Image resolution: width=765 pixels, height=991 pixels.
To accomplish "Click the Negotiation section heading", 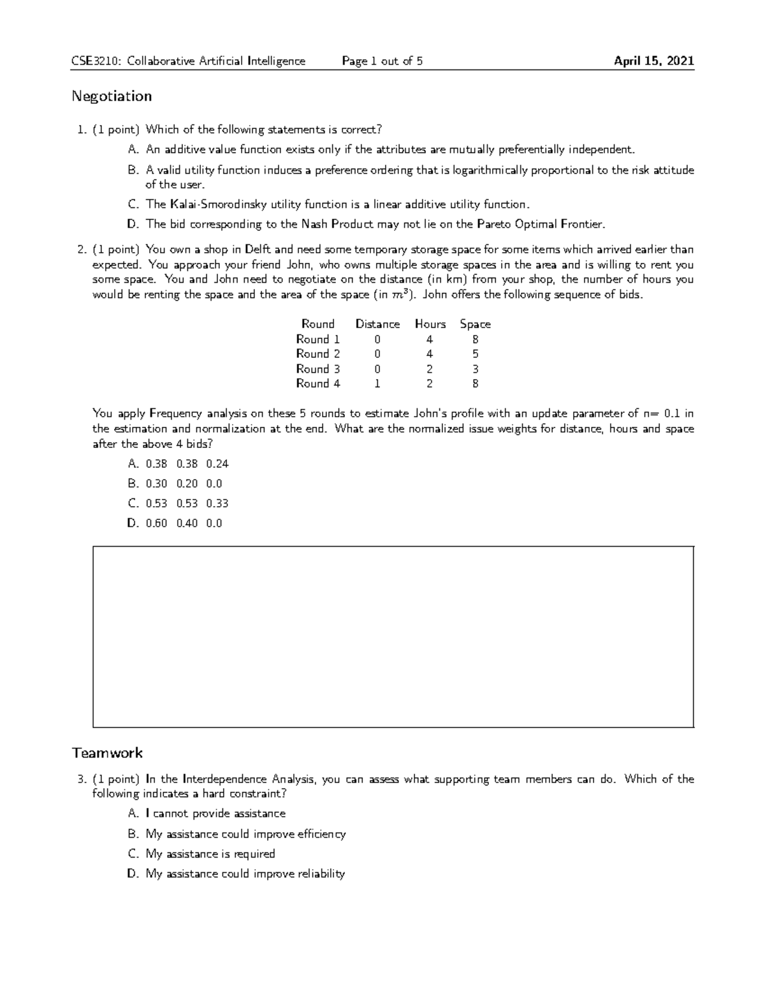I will click(112, 96).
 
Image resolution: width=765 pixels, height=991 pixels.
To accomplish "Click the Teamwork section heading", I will click(107, 753).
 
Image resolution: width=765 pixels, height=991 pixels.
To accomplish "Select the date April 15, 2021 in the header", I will click(653, 61).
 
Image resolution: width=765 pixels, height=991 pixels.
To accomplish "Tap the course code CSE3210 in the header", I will click(97, 61).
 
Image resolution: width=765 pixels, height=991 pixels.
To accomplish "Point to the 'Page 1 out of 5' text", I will click(382, 61).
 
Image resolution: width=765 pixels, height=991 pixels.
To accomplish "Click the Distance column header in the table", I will click(377, 324).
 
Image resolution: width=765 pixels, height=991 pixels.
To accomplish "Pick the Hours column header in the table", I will click(430, 324).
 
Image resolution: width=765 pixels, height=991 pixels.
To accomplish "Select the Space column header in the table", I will click(475, 324).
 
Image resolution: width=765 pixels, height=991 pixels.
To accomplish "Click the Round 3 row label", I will click(318, 369).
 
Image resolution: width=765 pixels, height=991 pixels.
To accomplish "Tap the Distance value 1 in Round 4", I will click(377, 384).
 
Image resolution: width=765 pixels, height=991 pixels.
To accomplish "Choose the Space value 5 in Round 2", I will click(476, 354).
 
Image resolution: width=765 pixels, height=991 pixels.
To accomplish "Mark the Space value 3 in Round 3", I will click(476, 369).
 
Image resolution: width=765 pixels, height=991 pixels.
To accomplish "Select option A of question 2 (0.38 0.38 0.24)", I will click(187, 464).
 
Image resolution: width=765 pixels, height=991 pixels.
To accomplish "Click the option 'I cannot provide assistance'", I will click(215, 814).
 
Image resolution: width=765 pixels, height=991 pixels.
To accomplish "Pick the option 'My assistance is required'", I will click(210, 854).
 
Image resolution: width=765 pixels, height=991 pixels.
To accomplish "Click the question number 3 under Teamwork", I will click(81, 779).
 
